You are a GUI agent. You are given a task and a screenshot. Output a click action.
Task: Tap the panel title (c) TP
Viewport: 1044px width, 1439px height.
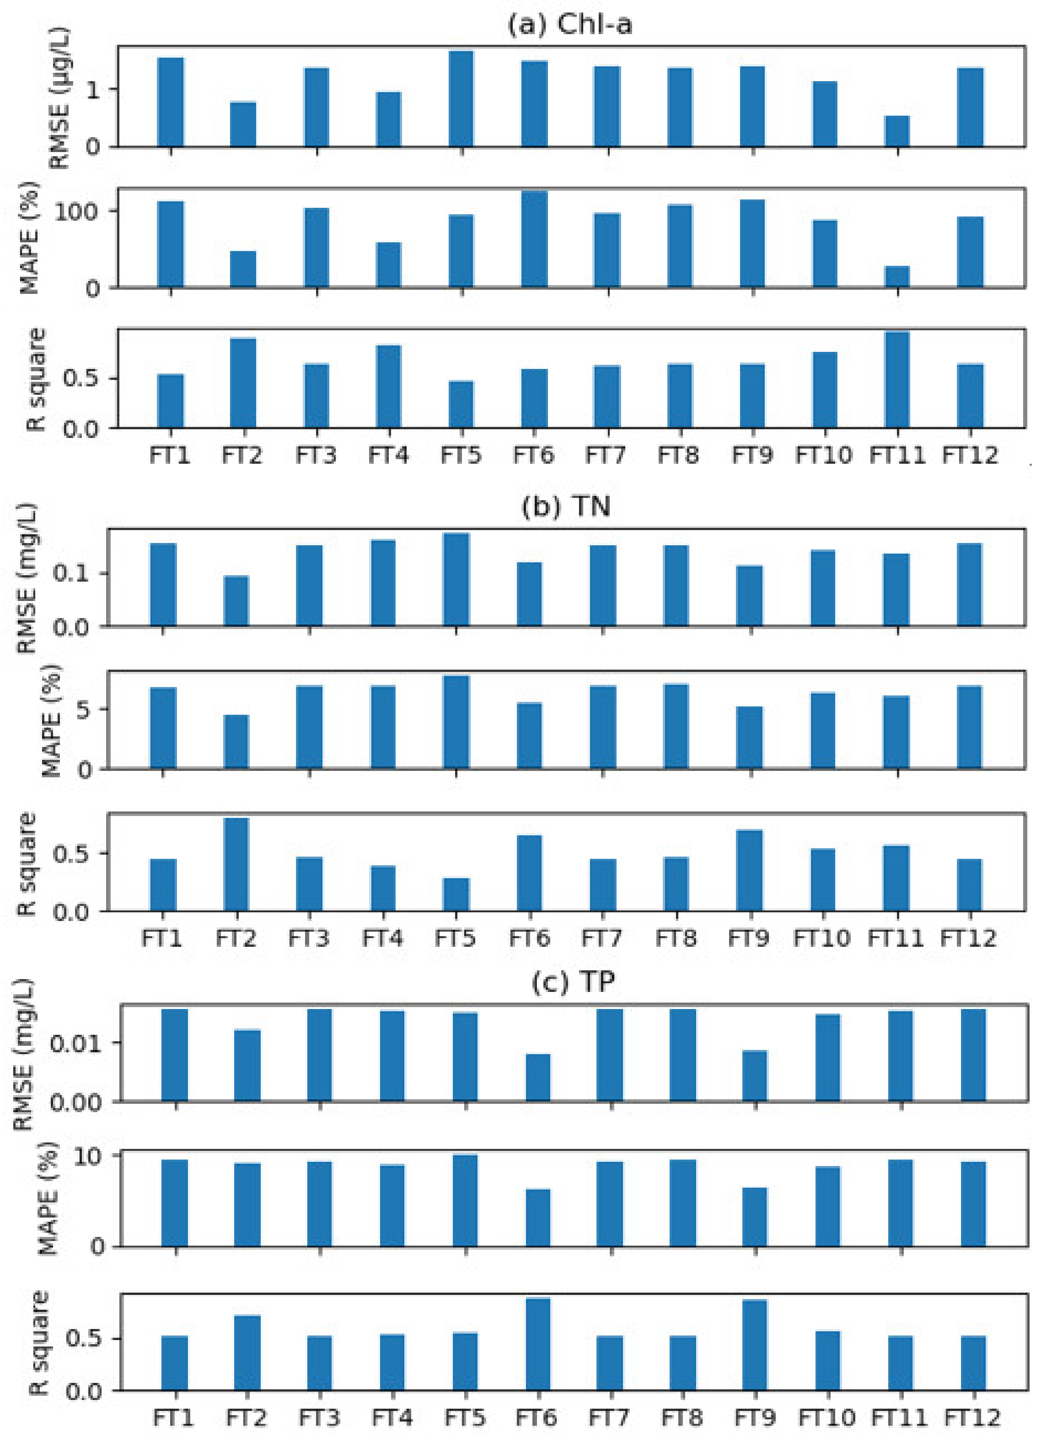[x=573, y=982]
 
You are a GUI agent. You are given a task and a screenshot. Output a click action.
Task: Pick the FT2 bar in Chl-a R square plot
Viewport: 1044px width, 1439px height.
[x=243, y=383]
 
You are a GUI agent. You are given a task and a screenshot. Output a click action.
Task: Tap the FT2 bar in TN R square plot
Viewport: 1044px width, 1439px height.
[x=236, y=865]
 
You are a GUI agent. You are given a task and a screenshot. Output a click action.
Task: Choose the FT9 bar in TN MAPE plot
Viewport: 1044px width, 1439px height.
[x=750, y=738]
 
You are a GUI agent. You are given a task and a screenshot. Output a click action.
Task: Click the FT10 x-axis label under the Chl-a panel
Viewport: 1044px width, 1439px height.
[x=823, y=455]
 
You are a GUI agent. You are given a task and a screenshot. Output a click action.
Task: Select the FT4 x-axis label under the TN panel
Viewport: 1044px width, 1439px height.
[x=382, y=938]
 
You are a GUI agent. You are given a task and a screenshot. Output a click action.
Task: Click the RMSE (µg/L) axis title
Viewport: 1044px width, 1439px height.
[x=58, y=98]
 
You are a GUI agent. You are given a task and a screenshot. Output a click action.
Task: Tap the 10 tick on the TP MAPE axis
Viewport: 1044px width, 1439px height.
[x=88, y=1156]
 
